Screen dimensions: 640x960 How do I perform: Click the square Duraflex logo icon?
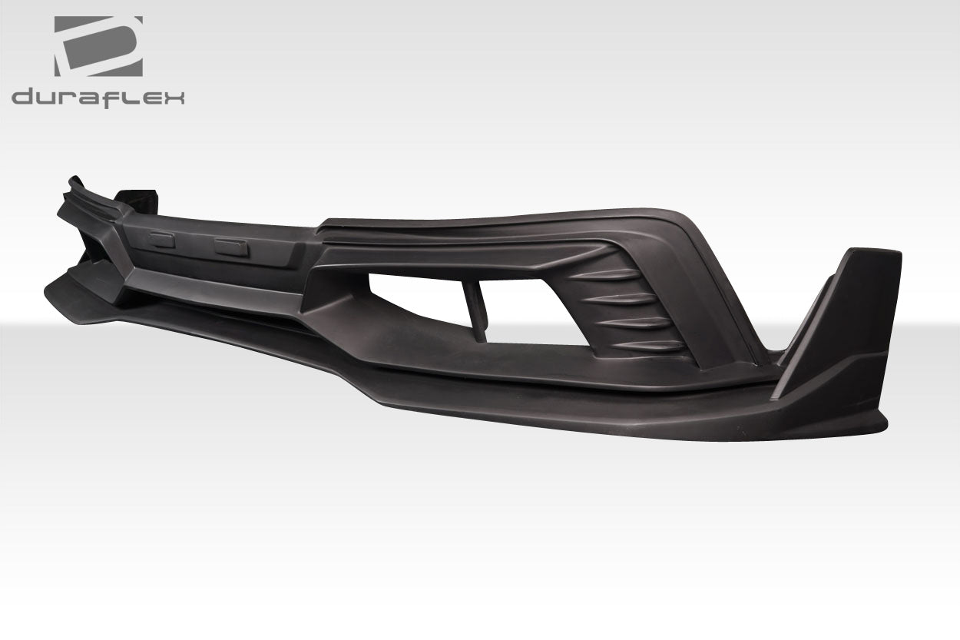pos(98,46)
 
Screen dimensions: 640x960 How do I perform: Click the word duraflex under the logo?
pos(98,97)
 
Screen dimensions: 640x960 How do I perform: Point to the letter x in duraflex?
pos(174,98)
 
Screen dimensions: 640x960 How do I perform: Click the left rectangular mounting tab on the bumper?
pos(163,240)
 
